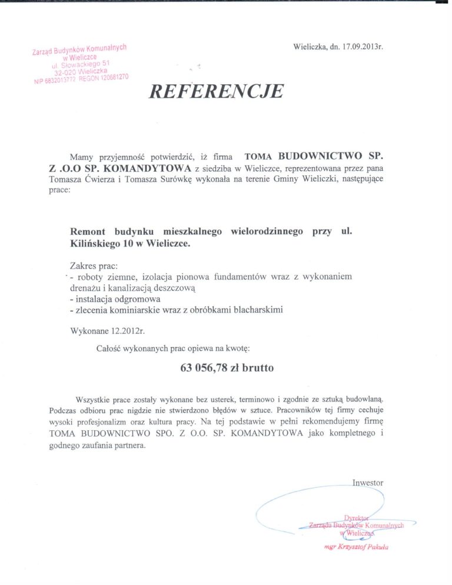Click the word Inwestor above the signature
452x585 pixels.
point(367,483)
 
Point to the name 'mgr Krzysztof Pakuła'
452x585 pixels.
point(356,546)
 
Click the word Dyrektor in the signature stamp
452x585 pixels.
point(360,517)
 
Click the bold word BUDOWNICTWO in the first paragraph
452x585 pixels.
point(317,157)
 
